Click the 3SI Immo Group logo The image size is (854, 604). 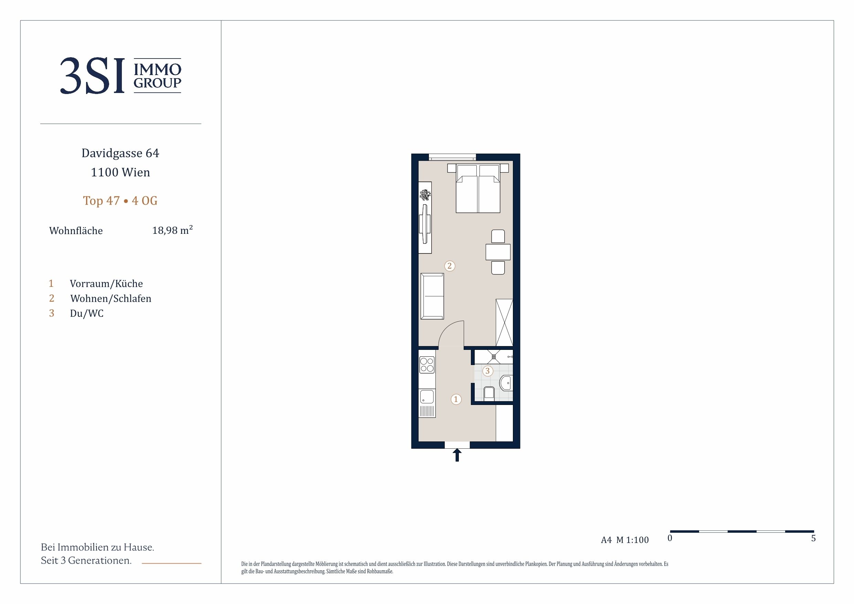[x=120, y=75]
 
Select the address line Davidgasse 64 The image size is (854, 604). [x=120, y=153]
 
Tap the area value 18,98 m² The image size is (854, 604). [x=172, y=230]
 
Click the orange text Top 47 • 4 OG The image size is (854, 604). [x=120, y=201]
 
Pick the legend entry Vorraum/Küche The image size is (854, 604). [x=106, y=284]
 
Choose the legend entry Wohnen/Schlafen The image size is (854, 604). [x=111, y=299]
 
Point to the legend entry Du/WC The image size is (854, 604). [x=87, y=313]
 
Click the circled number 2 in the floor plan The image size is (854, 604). [x=450, y=266]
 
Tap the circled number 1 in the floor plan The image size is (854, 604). [x=456, y=399]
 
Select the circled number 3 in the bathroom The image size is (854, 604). [x=488, y=371]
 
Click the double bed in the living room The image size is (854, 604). [x=478, y=188]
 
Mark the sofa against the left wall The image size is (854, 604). [x=432, y=296]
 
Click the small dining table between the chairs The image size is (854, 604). [x=498, y=252]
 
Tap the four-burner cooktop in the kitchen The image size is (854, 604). [x=426, y=365]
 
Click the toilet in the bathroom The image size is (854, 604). [x=489, y=393]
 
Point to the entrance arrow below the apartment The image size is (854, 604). [x=457, y=455]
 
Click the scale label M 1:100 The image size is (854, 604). [x=632, y=540]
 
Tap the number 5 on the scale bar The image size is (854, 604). [x=813, y=538]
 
